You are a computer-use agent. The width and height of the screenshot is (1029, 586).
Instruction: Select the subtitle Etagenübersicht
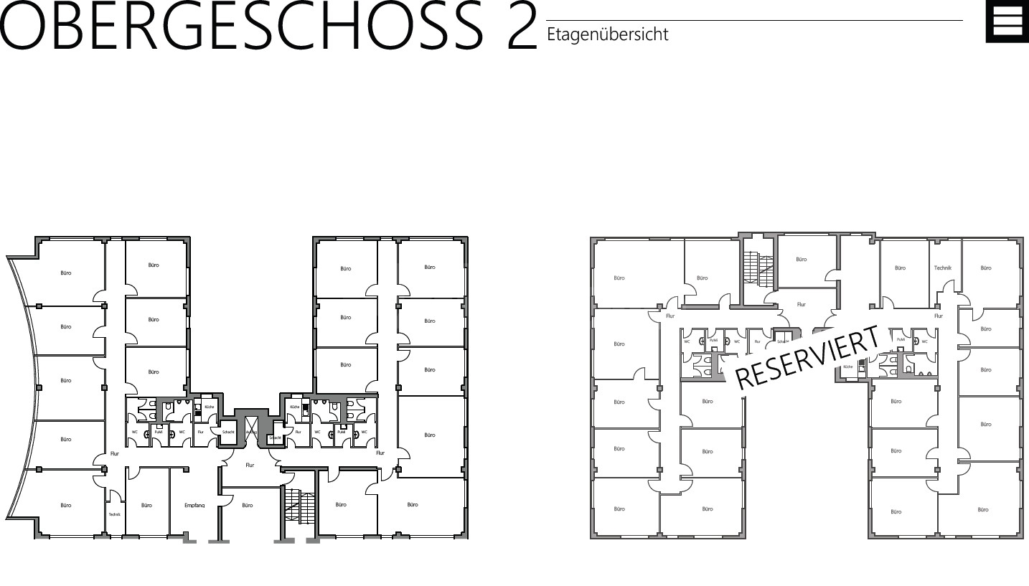click(x=607, y=34)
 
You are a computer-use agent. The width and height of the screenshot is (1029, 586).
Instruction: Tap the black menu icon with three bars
click(x=1007, y=23)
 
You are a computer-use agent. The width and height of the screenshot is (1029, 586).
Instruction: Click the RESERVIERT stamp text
click(x=807, y=357)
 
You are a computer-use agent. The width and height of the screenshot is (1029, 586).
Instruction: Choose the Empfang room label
click(x=194, y=505)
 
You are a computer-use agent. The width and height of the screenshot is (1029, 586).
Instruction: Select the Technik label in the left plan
click(x=115, y=514)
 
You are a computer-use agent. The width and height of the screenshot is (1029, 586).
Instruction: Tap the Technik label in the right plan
click(x=942, y=268)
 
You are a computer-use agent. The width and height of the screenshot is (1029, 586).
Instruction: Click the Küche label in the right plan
click(x=848, y=367)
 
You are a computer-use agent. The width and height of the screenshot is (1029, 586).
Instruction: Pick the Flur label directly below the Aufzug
click(x=250, y=465)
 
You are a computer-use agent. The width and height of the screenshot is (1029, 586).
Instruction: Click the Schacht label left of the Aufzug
click(x=228, y=433)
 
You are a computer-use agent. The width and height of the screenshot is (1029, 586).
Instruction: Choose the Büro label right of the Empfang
click(x=248, y=505)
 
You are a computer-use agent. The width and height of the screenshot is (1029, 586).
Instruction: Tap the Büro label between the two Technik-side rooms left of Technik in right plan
click(x=900, y=268)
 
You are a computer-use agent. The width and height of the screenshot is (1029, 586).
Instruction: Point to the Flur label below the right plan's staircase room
click(x=802, y=304)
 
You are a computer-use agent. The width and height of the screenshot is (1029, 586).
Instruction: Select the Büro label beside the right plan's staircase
click(x=802, y=259)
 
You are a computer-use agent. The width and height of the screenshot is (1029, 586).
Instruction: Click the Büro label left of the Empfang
click(x=147, y=505)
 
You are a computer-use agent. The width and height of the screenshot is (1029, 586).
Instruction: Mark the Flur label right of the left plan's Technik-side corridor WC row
click(x=380, y=453)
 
